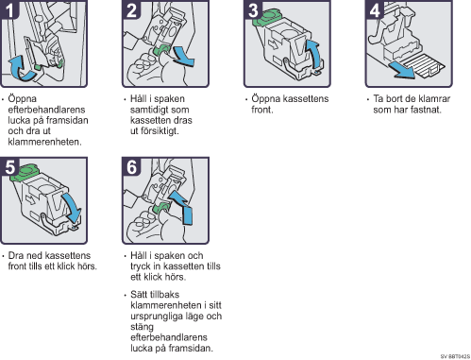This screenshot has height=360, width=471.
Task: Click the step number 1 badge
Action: coord(9,10)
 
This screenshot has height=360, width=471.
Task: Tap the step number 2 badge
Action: coord(131,10)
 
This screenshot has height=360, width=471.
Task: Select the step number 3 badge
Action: coord(253,10)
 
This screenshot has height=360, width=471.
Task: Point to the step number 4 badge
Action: coord(375,10)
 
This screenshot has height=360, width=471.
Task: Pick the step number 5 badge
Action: coord(9,166)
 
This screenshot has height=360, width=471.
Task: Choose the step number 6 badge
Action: coord(131,166)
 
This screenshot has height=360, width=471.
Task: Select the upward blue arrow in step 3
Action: coord(315,54)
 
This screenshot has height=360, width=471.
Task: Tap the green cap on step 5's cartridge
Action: coord(25,173)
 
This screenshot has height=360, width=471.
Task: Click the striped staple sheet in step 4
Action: coord(424,65)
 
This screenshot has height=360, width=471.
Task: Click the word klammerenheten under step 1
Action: coord(44,142)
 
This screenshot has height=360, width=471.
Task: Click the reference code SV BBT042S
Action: coord(455,356)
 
